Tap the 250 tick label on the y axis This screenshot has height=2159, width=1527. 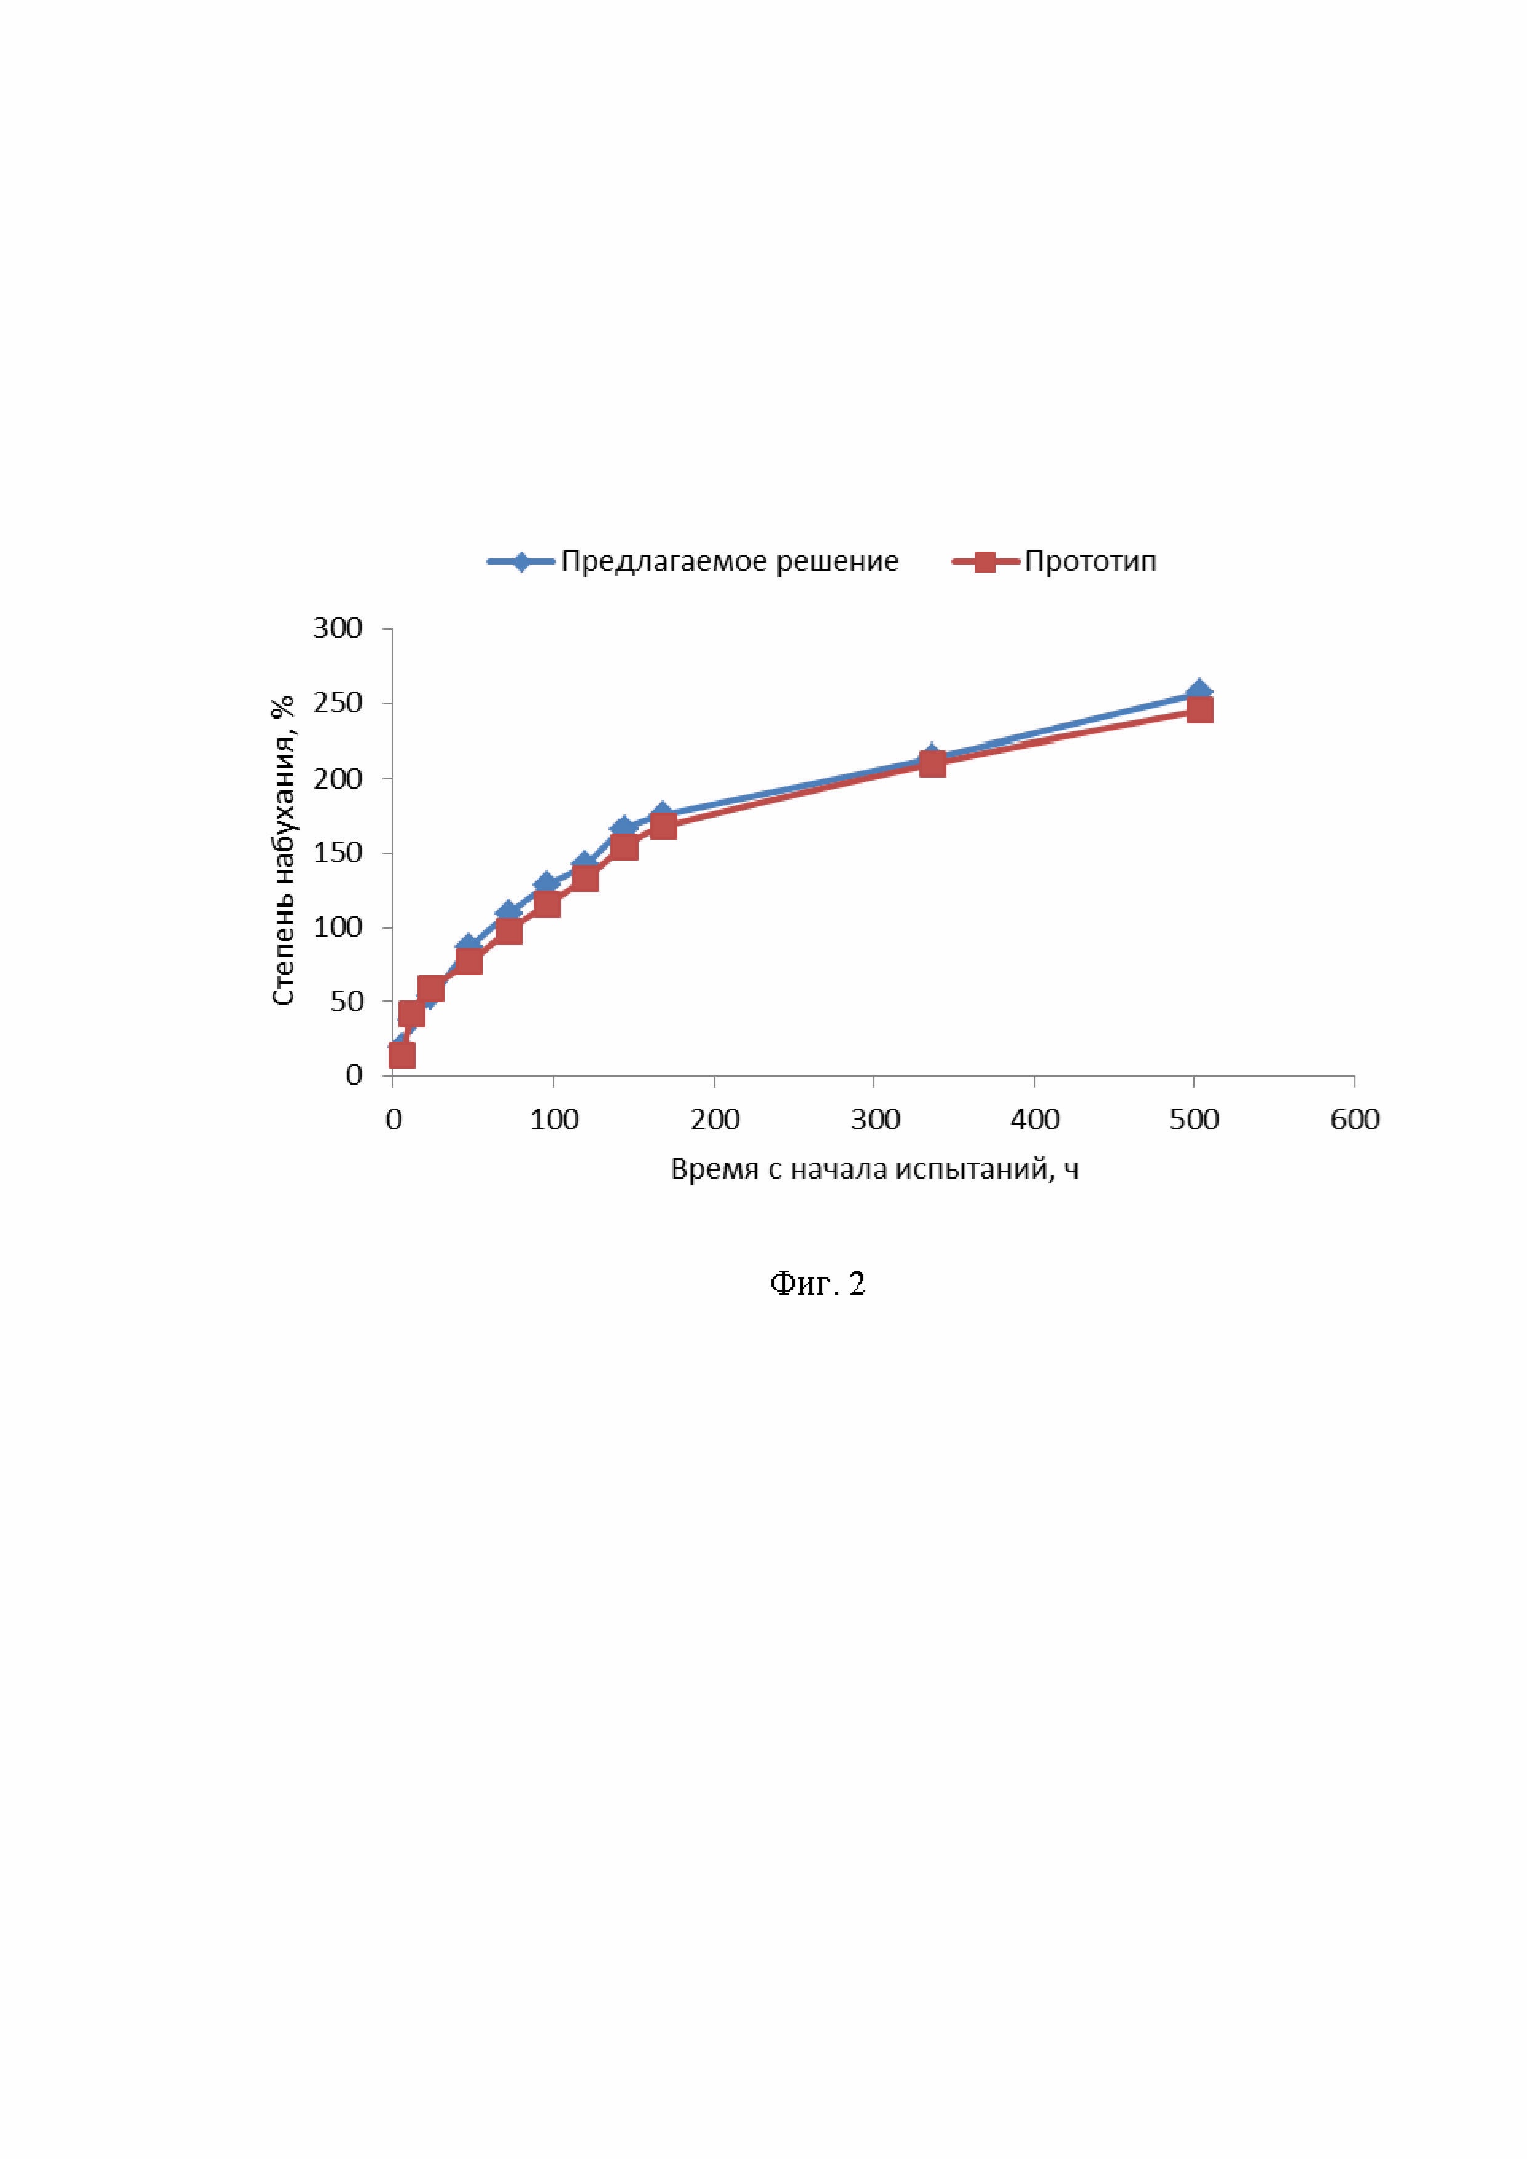337,704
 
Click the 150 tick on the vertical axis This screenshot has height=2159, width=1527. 337,853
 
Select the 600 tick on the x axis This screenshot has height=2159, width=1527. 1354,1119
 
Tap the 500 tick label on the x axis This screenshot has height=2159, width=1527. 1194,1119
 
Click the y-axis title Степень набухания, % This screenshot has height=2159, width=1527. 283,851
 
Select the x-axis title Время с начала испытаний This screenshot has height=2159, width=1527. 874,1169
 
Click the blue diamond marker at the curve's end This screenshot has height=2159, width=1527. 1199,692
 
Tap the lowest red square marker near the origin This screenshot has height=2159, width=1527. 401,1055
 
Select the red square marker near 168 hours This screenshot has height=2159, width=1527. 663,826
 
